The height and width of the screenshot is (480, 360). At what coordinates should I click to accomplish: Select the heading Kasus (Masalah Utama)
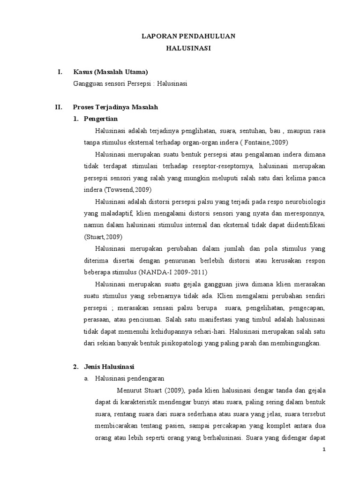point(111,72)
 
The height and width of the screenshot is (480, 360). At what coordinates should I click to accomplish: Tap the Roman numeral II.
point(59,107)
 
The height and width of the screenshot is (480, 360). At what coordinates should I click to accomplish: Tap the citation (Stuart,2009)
point(101,236)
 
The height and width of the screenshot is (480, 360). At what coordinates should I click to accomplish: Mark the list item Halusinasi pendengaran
point(129,377)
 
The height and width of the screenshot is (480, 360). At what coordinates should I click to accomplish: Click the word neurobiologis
point(300,201)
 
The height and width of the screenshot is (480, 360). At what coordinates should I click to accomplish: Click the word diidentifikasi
point(304,225)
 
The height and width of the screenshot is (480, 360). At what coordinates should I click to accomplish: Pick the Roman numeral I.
point(60,72)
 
